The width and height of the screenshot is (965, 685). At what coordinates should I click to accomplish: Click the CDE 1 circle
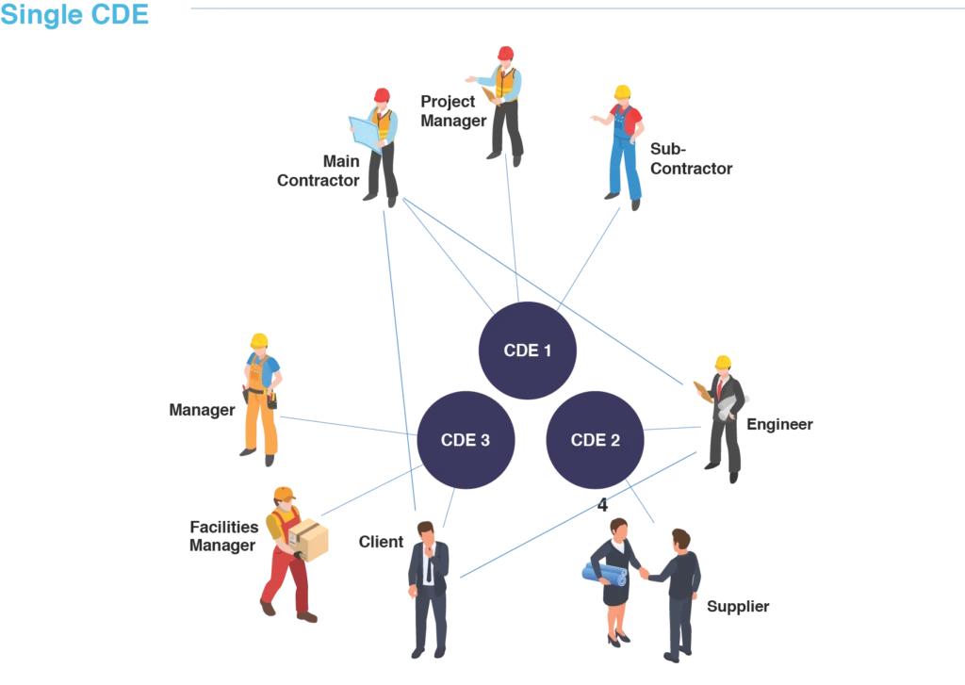[x=528, y=351]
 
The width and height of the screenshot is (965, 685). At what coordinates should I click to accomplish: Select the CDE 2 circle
[x=596, y=440]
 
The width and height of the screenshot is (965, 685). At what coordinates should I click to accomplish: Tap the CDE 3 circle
[x=466, y=440]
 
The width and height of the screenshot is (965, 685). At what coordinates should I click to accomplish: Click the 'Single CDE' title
[x=74, y=14]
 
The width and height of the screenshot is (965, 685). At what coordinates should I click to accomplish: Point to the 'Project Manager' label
[x=453, y=111]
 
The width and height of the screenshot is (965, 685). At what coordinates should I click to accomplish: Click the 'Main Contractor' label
[x=319, y=171]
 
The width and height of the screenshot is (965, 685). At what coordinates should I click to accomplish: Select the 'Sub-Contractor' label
[x=691, y=159]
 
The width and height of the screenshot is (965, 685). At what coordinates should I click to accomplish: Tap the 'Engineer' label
[x=779, y=424]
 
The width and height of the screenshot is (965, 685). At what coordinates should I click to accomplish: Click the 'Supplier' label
[x=738, y=606]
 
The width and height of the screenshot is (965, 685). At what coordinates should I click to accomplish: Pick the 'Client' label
[x=381, y=542]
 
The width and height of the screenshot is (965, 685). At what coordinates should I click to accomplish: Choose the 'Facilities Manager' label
[x=223, y=536]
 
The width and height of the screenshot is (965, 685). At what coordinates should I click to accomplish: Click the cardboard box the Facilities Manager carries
[x=309, y=539]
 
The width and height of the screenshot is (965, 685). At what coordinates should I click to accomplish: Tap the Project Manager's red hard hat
[x=505, y=53]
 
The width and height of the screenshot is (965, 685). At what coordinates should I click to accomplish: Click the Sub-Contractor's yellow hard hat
[x=622, y=92]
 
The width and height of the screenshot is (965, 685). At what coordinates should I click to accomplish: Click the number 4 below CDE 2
[x=602, y=505]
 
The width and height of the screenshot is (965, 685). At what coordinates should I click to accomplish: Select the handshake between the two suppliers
[x=645, y=573]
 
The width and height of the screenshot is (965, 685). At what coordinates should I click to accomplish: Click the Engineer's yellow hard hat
[x=723, y=362]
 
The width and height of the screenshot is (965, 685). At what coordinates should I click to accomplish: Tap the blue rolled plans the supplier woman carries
[x=604, y=575]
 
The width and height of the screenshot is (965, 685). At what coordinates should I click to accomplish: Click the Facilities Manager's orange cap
[x=285, y=494]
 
